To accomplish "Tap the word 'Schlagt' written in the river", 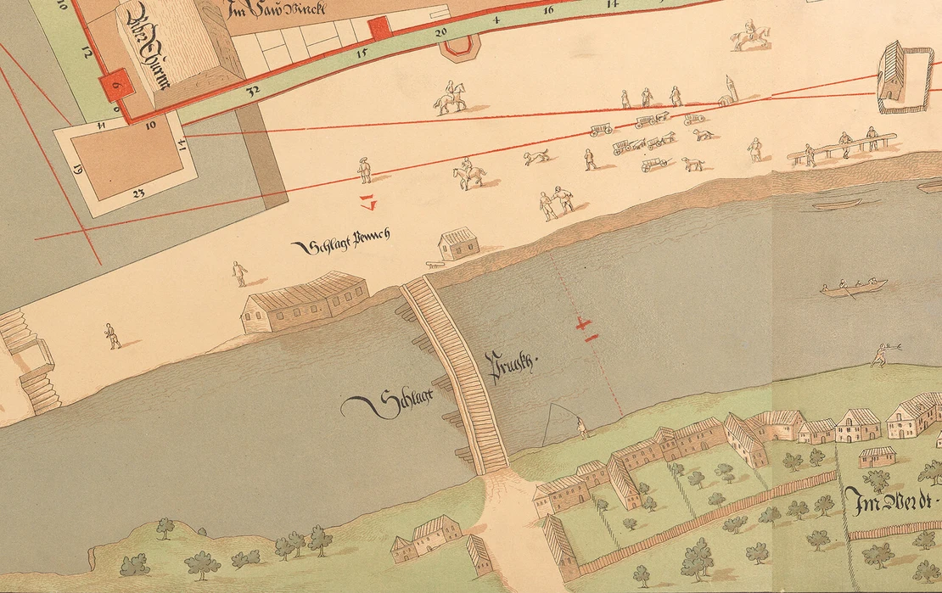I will pos(382,405).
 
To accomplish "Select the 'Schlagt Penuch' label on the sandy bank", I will pos(339,245).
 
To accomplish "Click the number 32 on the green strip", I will pos(252,88).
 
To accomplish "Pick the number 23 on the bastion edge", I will pos(138,193).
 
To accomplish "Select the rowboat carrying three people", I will pos(853,288).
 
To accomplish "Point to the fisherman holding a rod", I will pos(581,427).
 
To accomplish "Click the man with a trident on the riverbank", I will pos(881,353).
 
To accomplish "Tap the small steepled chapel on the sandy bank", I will pos(729,92).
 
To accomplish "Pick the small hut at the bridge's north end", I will pos(459,243).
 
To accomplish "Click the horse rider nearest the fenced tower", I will pos(751,35).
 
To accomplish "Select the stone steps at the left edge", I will pos(30,361).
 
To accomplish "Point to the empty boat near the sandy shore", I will pos(836,204).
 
